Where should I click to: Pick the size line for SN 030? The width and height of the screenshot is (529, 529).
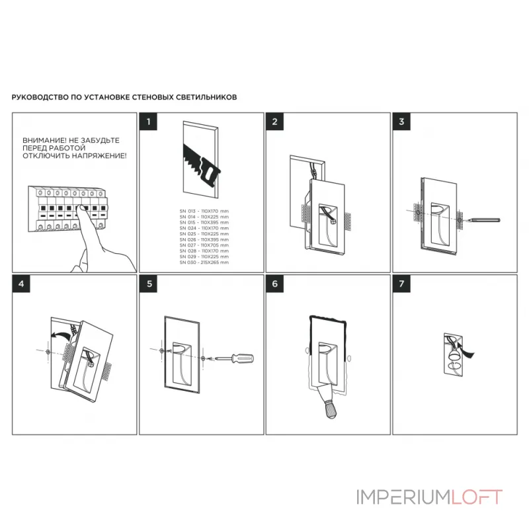pyautogui.click(x=204, y=263)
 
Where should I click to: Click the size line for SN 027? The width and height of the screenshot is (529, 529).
pyautogui.click(x=204, y=246)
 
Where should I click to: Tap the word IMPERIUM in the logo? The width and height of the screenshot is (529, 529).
pyautogui.click(x=403, y=497)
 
